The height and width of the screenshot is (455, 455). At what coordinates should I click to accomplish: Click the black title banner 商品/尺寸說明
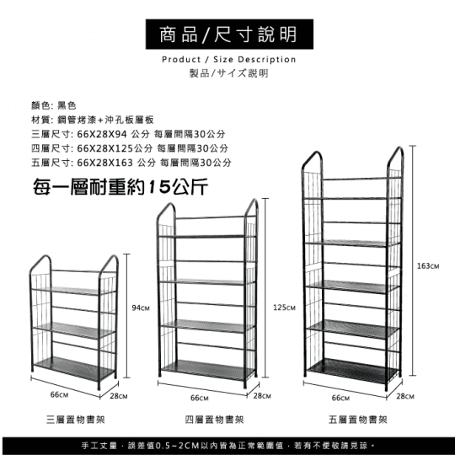coord(229,35)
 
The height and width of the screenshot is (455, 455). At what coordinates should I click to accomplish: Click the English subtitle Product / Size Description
coord(229,60)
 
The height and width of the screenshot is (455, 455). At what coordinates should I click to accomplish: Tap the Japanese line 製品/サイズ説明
coord(228,73)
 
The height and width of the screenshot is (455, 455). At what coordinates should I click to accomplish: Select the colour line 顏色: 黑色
coord(54,105)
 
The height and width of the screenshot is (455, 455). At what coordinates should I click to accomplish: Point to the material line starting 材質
coord(93,120)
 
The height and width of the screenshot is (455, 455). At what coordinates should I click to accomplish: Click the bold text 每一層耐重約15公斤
coord(120,186)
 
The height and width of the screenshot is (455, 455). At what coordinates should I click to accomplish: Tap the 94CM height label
coord(141,308)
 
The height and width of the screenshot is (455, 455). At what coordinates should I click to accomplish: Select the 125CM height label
coord(284,308)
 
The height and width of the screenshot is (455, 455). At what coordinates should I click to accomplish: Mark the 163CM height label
coord(428,265)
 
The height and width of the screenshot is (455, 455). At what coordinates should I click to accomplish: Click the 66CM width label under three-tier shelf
coord(59,394)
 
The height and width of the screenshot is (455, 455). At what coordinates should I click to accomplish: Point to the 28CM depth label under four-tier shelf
coord(262,395)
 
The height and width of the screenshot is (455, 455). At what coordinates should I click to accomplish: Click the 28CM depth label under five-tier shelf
coord(405,396)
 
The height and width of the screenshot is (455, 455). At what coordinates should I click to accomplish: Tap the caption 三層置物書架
coord(76,420)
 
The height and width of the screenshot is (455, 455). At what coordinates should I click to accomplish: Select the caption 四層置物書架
coord(215,420)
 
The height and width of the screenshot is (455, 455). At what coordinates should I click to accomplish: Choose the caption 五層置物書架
coord(358,420)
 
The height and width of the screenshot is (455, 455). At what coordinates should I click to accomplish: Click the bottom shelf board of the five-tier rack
coord(352,370)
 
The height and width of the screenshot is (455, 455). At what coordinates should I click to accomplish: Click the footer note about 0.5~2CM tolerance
coord(228,446)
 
